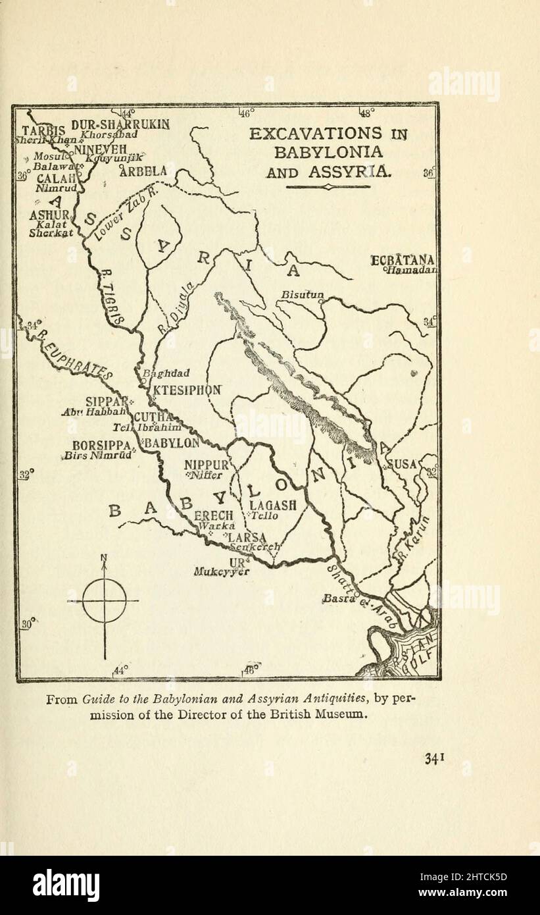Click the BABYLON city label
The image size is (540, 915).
(172, 443)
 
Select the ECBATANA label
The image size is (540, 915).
(403, 261)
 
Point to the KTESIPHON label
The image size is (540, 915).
(187, 389)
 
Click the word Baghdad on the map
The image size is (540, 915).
(166, 374)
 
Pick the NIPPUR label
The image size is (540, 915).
(207, 465)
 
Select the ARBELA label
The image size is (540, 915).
(143, 171)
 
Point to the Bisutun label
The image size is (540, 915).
(302, 295)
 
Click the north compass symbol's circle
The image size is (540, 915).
(104, 600)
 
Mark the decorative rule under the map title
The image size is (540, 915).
(328, 187)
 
